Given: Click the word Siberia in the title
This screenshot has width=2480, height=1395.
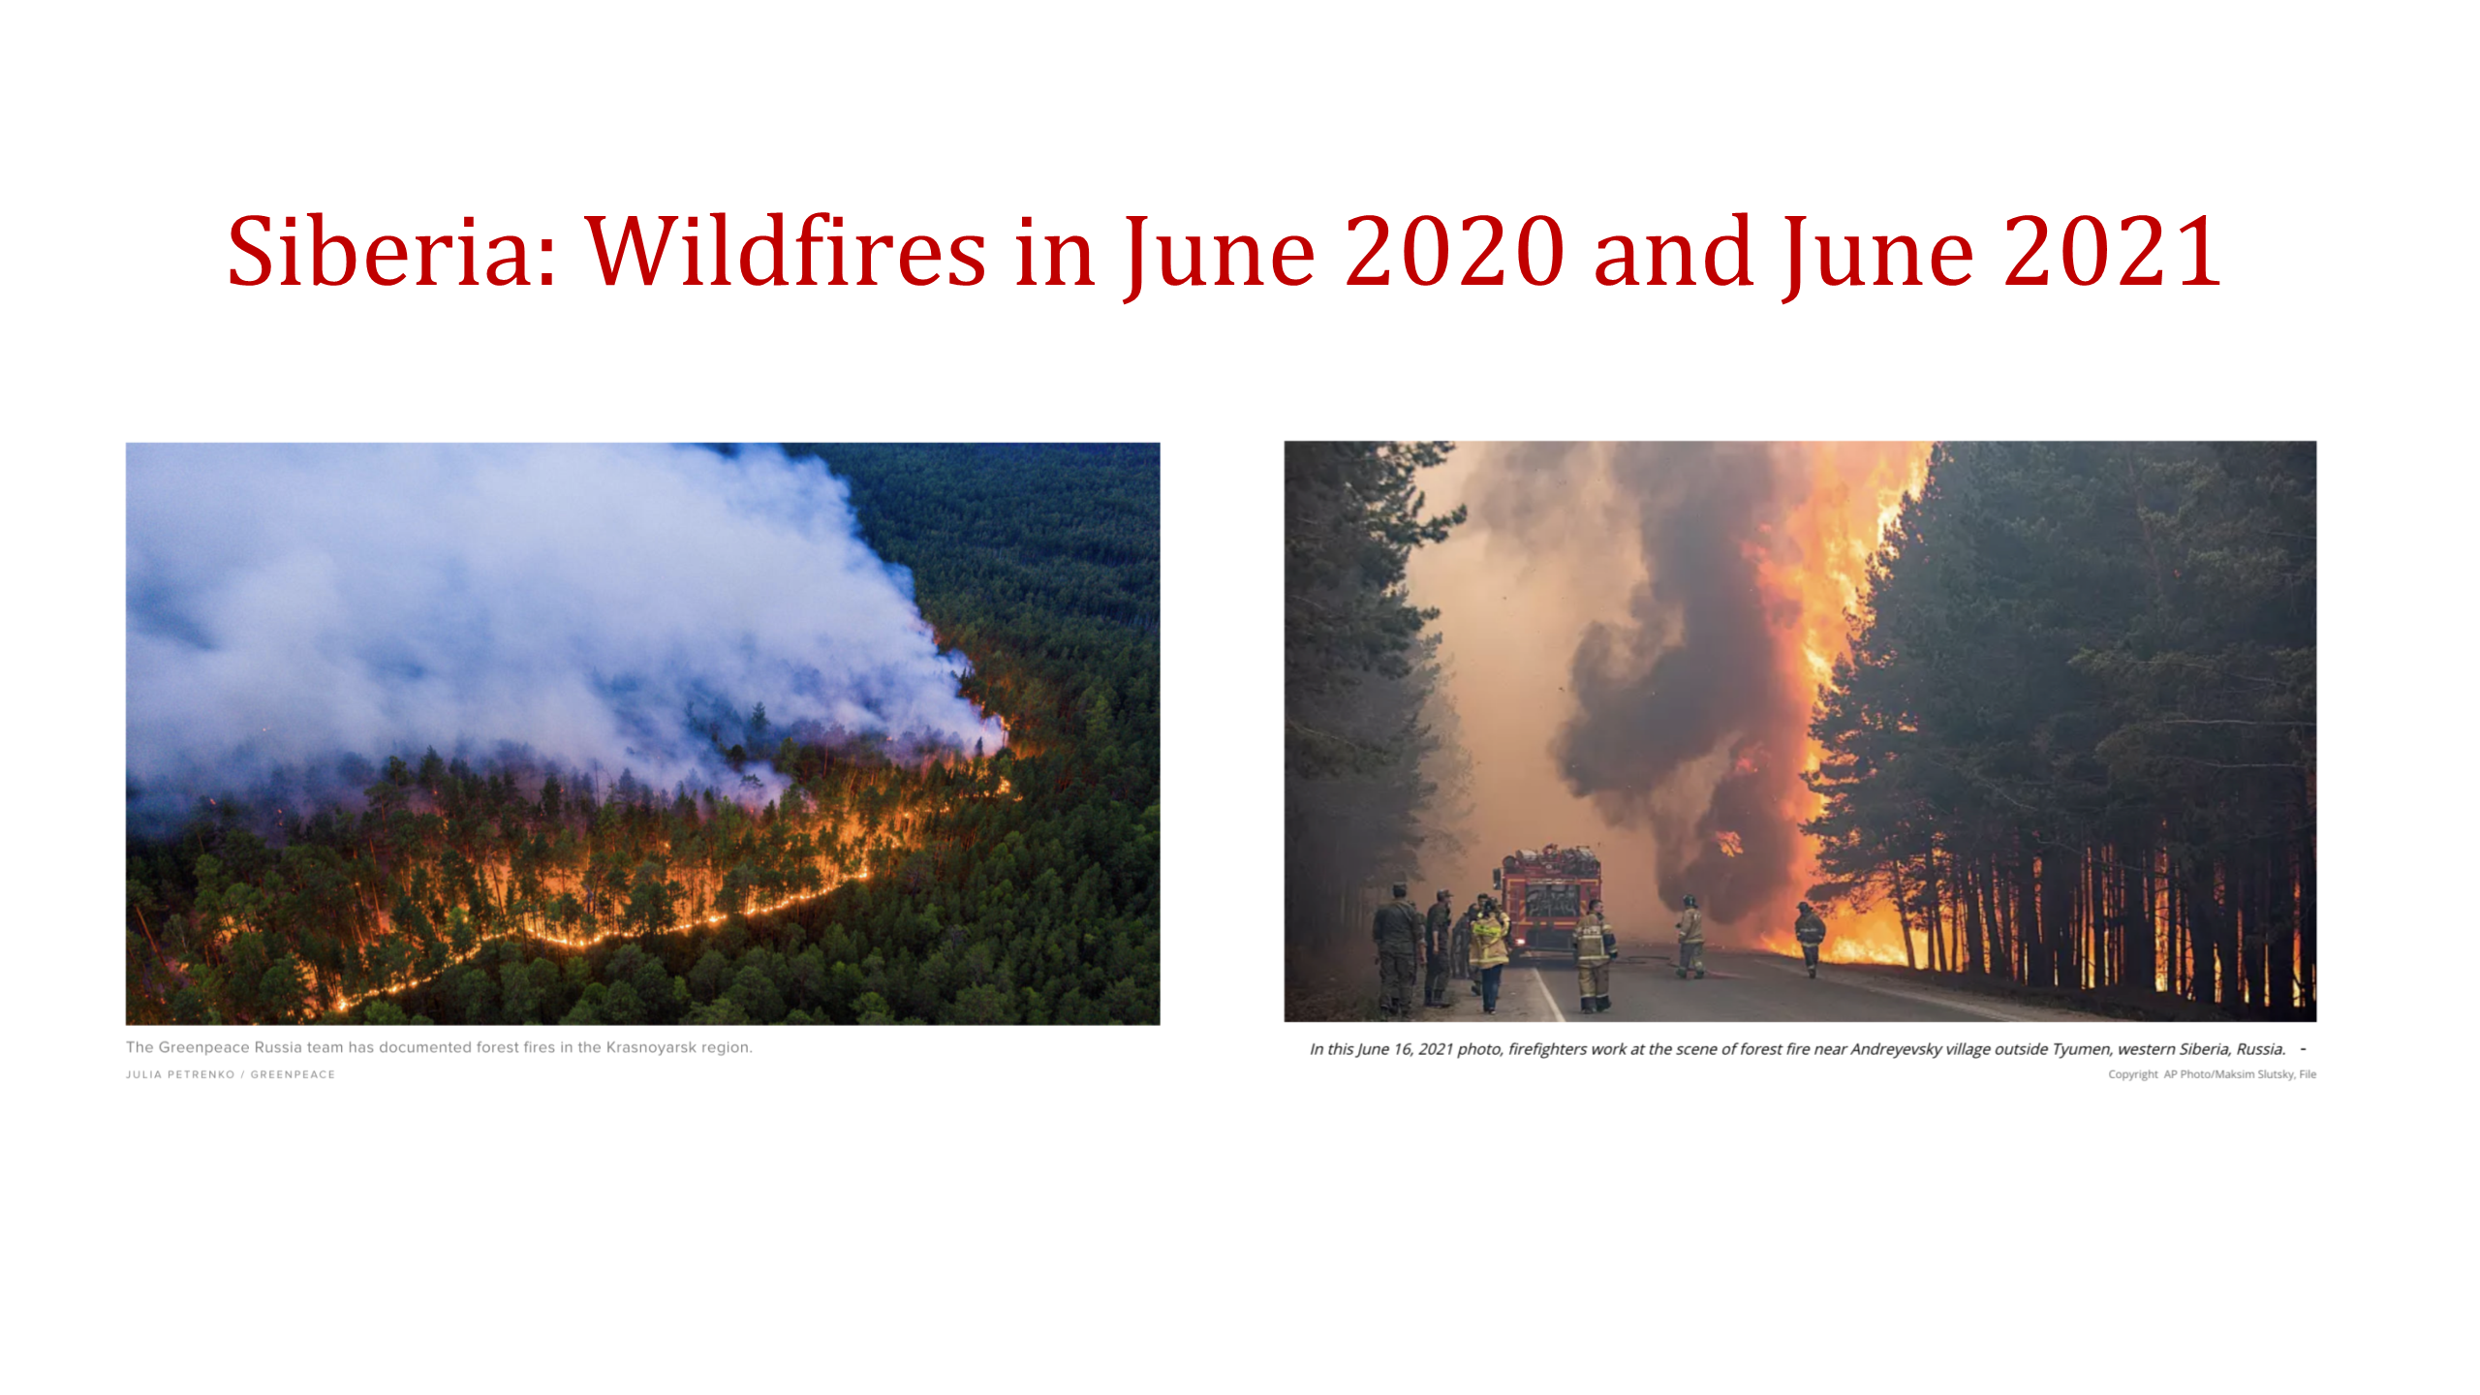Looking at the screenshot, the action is click(392, 252).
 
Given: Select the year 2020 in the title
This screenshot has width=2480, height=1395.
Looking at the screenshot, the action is click(1455, 252).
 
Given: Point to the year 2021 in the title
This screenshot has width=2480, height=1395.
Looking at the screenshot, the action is click(2113, 252).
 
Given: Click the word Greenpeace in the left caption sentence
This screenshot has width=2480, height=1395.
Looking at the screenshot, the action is click(203, 1047).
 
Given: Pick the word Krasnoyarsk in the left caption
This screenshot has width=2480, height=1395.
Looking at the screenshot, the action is click(651, 1047).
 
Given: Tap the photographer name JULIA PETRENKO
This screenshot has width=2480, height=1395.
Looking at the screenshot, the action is click(180, 1074).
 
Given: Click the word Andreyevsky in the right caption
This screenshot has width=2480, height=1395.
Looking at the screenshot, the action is click(1896, 1049).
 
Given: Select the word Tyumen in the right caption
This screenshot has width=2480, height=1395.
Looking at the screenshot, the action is click(2081, 1049).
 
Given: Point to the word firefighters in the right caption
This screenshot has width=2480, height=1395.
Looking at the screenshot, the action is click(1553, 1049).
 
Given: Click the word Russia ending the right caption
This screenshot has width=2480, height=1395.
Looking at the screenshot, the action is click(2261, 1049).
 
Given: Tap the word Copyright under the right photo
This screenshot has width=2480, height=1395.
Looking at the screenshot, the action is click(2133, 1074).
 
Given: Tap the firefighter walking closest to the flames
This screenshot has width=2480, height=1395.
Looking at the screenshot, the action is click(1809, 938).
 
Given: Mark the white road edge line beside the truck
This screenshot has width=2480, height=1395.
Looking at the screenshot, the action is click(1547, 993).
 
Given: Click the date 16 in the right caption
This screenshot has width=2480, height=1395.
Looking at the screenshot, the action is click(1402, 1049).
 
